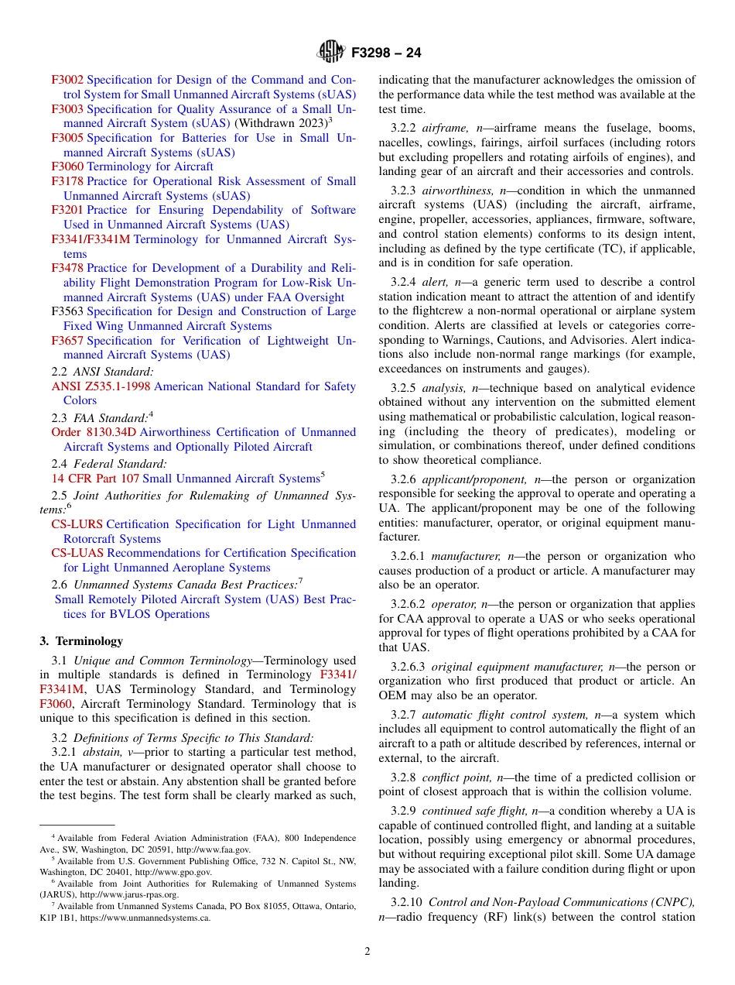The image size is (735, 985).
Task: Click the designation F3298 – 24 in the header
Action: click(x=386, y=53)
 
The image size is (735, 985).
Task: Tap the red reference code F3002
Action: click(x=67, y=80)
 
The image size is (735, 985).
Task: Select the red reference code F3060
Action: click(x=67, y=166)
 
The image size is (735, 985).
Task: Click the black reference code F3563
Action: click(x=67, y=311)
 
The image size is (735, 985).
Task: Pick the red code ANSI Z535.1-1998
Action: click(x=101, y=386)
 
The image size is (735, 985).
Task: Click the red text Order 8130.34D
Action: click(x=94, y=432)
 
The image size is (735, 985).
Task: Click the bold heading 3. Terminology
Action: click(x=81, y=641)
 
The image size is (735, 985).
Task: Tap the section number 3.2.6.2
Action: click(x=408, y=604)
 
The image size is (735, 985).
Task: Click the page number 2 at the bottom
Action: click(x=367, y=952)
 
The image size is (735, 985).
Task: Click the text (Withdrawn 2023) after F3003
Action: click(x=279, y=123)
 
